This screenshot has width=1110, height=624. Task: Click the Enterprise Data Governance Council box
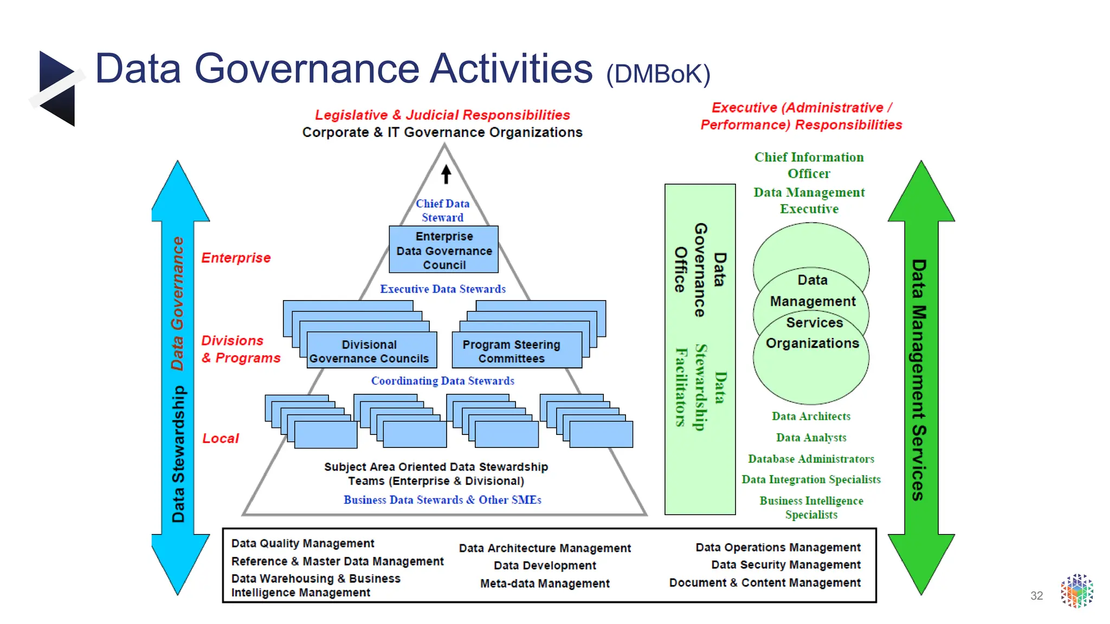pos(443,250)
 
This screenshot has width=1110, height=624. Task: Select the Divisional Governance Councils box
pos(370,352)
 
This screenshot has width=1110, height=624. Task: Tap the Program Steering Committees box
pos(511,352)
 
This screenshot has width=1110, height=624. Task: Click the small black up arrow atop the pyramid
pos(446,174)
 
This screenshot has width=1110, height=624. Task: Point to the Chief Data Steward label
pos(442,210)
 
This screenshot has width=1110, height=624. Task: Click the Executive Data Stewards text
pos(442,289)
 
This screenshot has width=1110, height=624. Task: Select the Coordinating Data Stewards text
pos(442,381)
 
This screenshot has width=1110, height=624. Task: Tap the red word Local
pos(220,438)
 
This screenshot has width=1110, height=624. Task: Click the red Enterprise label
pos(236,258)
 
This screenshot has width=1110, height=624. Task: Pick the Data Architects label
pos(811,417)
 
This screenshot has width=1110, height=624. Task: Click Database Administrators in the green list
pos(811,459)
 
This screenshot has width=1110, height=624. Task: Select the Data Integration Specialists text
pos(811,479)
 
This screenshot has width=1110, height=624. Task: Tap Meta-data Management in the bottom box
pos(545,583)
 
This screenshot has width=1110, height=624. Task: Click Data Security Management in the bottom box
pos(785,564)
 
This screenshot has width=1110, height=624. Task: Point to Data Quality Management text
pos(302,543)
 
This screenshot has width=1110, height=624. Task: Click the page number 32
pos(1036,596)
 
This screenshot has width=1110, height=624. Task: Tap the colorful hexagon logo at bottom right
pos(1077,591)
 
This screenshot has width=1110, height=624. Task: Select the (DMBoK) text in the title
pos(658,74)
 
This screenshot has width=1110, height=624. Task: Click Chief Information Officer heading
pos(809,165)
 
